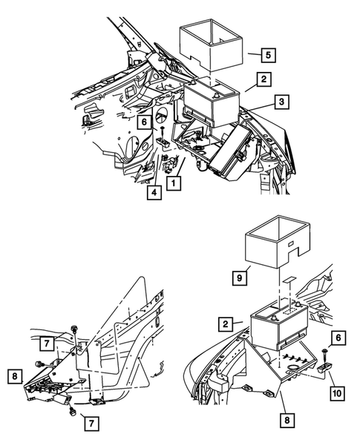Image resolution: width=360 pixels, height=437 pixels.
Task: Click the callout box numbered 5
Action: tap(268, 55)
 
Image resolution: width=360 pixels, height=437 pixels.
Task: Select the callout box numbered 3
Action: tap(281, 102)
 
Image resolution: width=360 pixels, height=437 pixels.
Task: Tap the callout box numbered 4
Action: tap(154, 192)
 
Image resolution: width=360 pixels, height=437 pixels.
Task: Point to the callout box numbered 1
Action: tap(174, 183)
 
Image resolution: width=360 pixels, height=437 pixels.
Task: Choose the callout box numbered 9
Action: tap(240, 278)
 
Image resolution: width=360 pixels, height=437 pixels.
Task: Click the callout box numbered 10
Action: tap(337, 393)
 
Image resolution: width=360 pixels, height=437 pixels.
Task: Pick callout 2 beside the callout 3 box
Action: tap(264, 79)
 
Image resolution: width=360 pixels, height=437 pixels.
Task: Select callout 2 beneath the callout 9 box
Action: tap(226, 323)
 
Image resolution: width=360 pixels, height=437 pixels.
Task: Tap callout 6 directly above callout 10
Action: tap(338, 338)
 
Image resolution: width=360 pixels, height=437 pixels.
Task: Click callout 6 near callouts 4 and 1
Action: tap(144, 122)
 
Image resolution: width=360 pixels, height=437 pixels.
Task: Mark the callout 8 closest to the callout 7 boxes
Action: tap(15, 376)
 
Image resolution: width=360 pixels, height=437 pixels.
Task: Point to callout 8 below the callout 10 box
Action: tap(287, 420)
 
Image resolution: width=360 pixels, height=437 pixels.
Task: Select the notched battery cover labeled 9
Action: tap(277, 243)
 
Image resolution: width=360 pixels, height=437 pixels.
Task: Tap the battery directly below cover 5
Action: tap(212, 102)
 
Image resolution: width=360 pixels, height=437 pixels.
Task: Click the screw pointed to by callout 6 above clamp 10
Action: tap(324, 355)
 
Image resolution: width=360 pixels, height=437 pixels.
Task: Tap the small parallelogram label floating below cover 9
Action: tap(289, 280)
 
